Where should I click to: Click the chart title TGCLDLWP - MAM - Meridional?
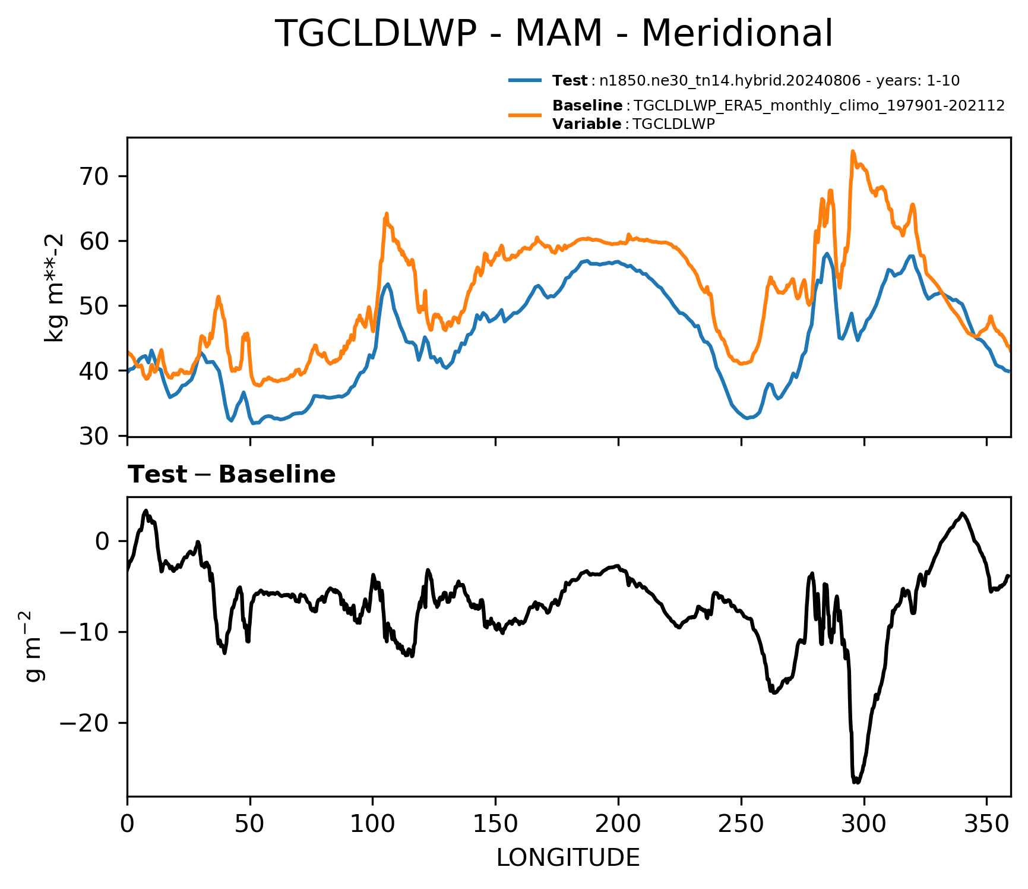click(x=554, y=34)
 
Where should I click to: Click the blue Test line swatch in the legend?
click(x=525, y=80)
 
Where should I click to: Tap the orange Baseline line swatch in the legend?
click(x=525, y=114)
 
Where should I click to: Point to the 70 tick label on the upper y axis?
click(x=97, y=176)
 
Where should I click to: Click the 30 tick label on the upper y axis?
click(x=97, y=436)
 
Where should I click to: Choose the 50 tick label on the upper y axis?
click(x=97, y=306)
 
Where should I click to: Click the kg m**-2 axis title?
click(x=55, y=288)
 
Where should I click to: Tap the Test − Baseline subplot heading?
click(x=232, y=475)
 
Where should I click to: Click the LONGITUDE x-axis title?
click(x=568, y=858)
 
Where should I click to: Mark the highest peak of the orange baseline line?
click(x=852, y=151)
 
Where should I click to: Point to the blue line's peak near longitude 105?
click(x=388, y=284)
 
